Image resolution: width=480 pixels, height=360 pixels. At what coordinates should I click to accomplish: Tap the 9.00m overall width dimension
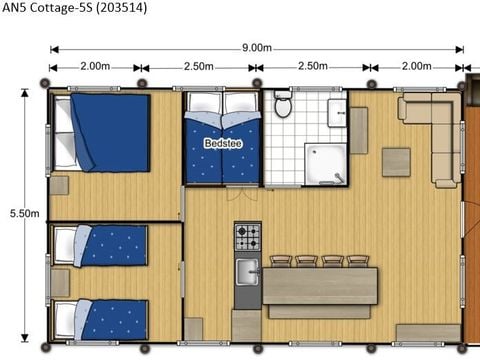click(256, 47)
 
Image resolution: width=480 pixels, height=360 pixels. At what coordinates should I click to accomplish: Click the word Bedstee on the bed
click(222, 143)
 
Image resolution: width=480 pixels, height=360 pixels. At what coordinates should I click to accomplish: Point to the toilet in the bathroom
click(282, 105)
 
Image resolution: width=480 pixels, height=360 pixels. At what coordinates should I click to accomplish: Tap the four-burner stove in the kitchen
click(247, 237)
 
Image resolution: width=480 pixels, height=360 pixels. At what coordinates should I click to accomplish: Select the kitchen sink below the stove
click(247, 270)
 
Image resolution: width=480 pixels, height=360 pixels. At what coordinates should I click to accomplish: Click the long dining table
click(320, 286)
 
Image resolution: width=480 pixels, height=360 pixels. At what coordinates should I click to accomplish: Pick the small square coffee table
click(396, 162)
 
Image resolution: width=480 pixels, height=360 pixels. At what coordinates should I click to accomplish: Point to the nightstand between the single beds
click(59, 283)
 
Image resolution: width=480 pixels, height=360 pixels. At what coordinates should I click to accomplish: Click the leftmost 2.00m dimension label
click(95, 66)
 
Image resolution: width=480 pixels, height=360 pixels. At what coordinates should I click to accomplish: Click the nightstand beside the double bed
click(59, 185)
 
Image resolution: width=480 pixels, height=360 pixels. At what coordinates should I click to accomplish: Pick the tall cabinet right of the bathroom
click(358, 130)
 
